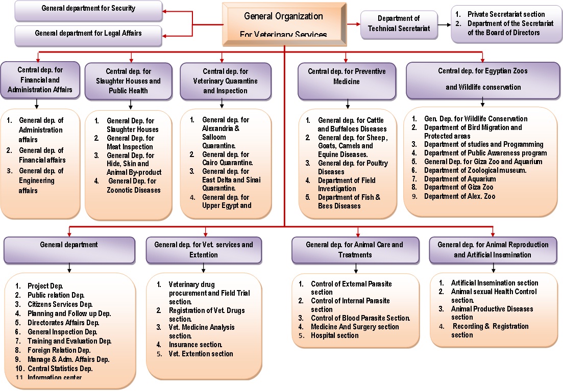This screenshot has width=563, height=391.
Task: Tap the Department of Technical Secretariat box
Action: (x=398, y=23)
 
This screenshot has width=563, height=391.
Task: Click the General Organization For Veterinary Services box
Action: (x=284, y=23)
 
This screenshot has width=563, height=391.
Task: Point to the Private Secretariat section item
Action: (x=506, y=14)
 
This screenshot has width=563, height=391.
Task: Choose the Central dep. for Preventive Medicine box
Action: (x=347, y=81)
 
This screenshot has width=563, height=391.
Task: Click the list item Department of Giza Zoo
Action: (x=459, y=188)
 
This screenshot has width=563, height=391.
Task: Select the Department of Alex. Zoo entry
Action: (x=459, y=196)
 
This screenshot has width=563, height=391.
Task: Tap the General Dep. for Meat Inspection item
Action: (x=130, y=143)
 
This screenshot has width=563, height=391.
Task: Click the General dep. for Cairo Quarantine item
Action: (x=226, y=159)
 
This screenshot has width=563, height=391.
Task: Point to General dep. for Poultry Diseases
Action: (x=352, y=167)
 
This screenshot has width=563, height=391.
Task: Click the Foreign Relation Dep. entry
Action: (x=59, y=350)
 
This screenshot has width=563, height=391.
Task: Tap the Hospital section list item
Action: (x=334, y=335)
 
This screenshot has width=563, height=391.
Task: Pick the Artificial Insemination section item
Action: (x=494, y=283)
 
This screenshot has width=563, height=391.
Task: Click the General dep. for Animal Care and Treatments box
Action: (x=354, y=250)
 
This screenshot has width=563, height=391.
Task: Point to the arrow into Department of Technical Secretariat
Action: (x=354, y=23)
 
